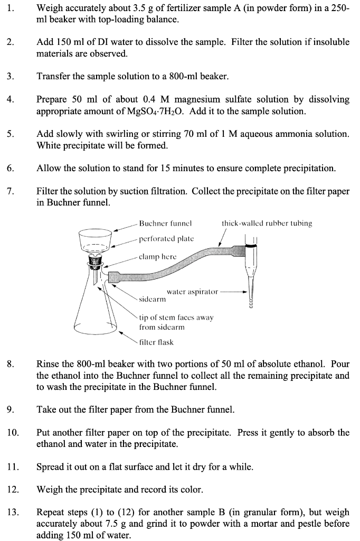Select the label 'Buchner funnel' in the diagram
click(165, 223)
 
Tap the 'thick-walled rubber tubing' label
click(267, 223)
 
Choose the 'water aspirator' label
click(192, 291)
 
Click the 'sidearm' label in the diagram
click(152, 299)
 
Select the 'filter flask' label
click(156, 342)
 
